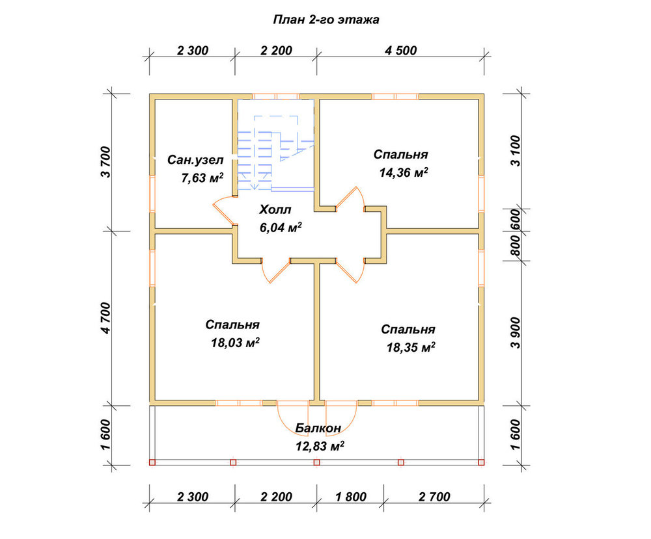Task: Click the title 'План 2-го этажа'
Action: point(326,20)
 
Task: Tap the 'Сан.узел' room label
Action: point(195,160)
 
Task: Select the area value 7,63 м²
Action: point(202,177)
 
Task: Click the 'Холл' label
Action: point(275,209)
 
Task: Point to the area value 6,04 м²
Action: point(281,227)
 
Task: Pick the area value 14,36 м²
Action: point(404,172)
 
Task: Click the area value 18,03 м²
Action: point(236,343)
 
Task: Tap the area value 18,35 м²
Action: point(411,347)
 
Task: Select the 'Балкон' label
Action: point(318,428)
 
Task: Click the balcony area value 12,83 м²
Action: point(320,446)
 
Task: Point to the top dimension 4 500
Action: point(400,51)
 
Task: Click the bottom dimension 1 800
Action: point(351,497)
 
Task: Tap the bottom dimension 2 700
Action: point(434,497)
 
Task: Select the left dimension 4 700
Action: point(106,318)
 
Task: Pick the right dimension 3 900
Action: point(515,333)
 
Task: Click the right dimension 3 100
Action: point(515,150)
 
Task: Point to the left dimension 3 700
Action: point(106,162)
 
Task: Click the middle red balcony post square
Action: point(317,462)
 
